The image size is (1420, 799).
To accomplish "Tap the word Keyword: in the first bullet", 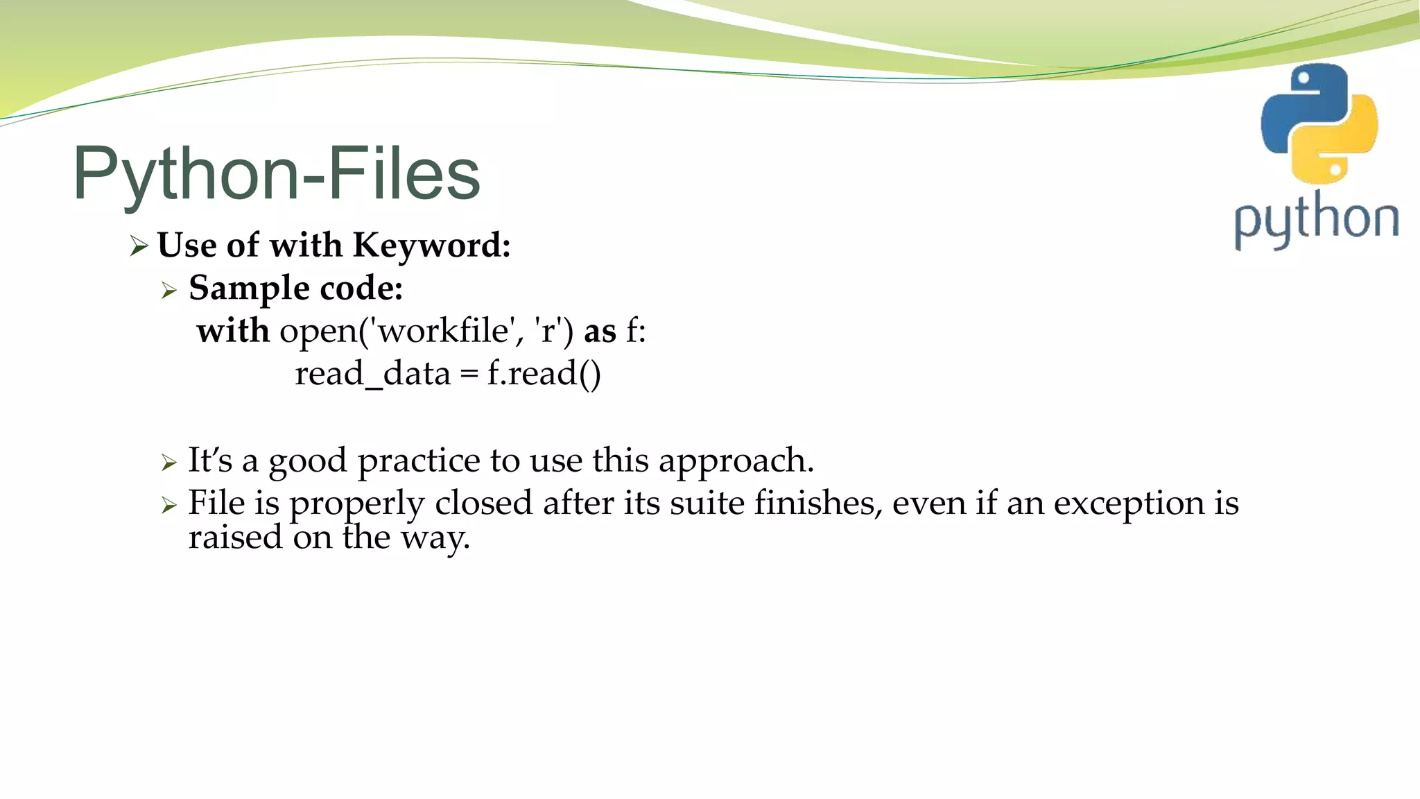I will [431, 246].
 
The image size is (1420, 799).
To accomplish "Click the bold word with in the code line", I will [233, 331].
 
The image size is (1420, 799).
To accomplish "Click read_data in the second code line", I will [372, 375].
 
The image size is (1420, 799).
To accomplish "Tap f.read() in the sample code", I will [544, 375].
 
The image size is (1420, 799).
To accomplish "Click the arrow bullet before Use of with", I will [139, 246].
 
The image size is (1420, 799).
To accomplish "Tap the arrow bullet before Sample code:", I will [169, 290].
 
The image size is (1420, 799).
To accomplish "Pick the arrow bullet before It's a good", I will [169, 462].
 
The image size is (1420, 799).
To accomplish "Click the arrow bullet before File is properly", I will [169, 505].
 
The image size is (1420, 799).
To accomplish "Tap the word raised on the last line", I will [234, 538].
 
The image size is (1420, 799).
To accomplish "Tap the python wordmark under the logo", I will [1316, 221].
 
